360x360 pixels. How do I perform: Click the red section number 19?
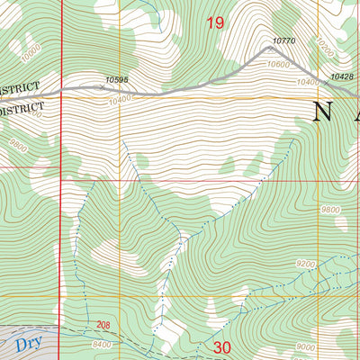pos(215,22)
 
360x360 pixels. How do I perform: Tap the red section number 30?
pos(223,346)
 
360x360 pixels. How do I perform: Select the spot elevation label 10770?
pos(283,41)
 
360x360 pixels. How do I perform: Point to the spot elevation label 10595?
pos(118,80)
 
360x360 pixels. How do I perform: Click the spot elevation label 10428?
pos(342,77)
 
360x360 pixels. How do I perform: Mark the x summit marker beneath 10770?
pos(265,49)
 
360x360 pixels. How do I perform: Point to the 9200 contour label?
pos(306,265)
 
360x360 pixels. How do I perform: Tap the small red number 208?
pos(103,324)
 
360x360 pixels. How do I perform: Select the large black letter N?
pos(324,112)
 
